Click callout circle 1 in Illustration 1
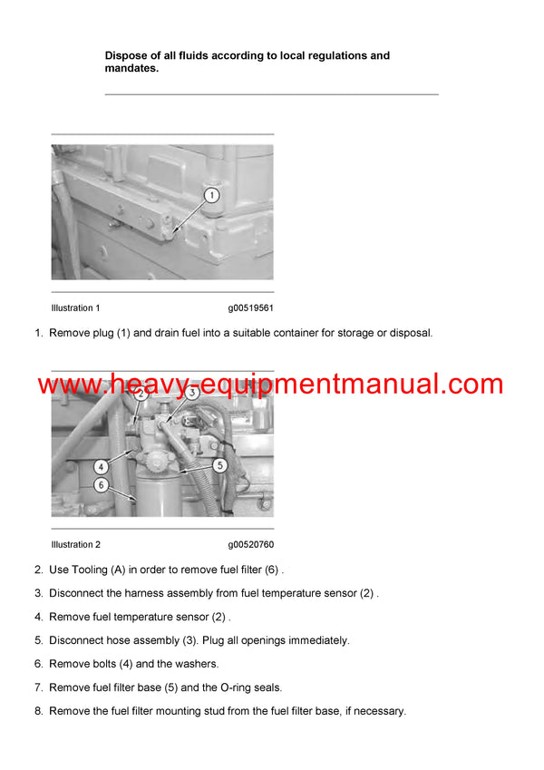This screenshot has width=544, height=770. pos(210,195)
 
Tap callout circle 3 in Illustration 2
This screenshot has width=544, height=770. pos(192,393)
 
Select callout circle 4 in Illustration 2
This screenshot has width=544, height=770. pos(101,466)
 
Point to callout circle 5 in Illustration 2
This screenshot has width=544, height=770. pos(219,465)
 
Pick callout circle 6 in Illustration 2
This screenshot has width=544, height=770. pos(101,485)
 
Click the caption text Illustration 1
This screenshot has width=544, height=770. pos(76,308)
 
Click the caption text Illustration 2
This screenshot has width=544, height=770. pos(76,545)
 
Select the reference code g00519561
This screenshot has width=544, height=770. pos(250,308)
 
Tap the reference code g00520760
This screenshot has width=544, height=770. pos(250,545)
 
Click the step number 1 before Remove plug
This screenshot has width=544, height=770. pos(38,333)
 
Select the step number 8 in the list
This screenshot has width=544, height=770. pos(38,711)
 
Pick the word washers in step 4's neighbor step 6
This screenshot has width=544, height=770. pos(197,664)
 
